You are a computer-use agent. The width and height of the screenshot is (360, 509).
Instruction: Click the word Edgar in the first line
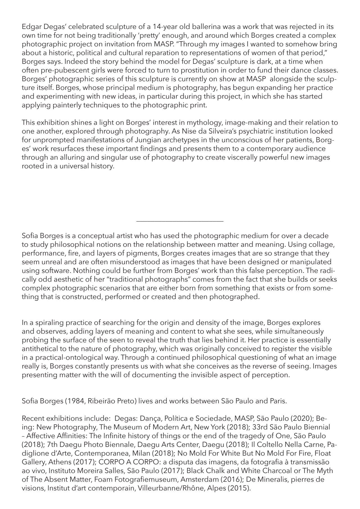click(30, 27)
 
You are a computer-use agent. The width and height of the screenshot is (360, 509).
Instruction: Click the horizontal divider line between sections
click(180, 221)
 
